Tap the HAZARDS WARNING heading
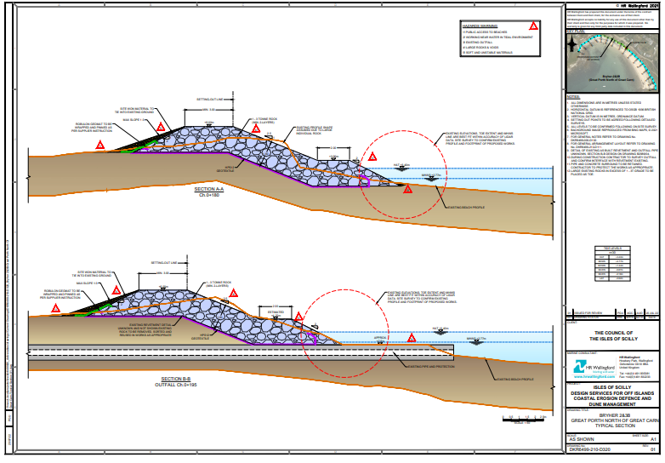pos(479,26)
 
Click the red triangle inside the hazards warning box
pos(533,27)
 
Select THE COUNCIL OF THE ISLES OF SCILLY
pos(613,334)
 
